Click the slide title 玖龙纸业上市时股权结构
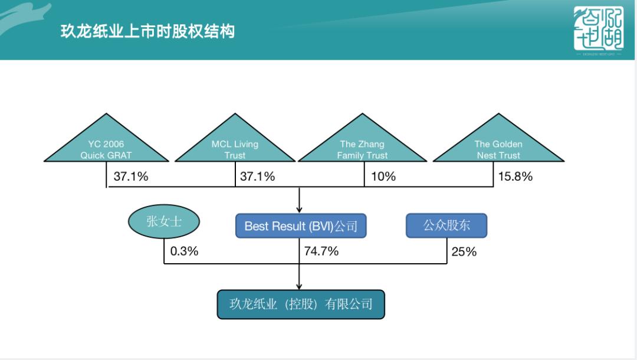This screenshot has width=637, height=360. pyautogui.click(x=147, y=31)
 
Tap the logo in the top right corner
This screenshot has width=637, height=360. pyautogui.click(x=598, y=30)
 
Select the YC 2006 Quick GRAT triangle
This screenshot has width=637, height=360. pyautogui.click(x=106, y=148)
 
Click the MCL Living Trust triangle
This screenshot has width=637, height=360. pyautogui.click(x=235, y=148)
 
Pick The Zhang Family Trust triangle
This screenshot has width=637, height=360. pyautogui.click(x=362, y=148)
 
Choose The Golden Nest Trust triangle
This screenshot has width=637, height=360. pyautogui.click(x=498, y=148)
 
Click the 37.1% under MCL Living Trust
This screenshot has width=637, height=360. pyautogui.click(x=257, y=176)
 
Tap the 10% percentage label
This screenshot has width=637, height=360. pyautogui.click(x=383, y=176)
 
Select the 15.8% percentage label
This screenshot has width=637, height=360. pyautogui.click(x=515, y=176)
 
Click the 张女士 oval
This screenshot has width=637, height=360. pyautogui.click(x=164, y=222)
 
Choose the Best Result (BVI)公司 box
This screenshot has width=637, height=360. pyautogui.click(x=301, y=226)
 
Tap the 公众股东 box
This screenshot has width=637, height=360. pyautogui.click(x=446, y=225)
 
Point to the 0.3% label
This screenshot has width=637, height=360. pyautogui.click(x=184, y=251)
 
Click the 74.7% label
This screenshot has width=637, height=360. pyautogui.click(x=321, y=251)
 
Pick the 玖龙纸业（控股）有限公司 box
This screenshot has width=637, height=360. pyautogui.click(x=301, y=305)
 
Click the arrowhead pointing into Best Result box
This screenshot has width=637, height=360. pyautogui.click(x=300, y=209)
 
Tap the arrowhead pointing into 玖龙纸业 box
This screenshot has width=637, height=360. pyautogui.click(x=300, y=286)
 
